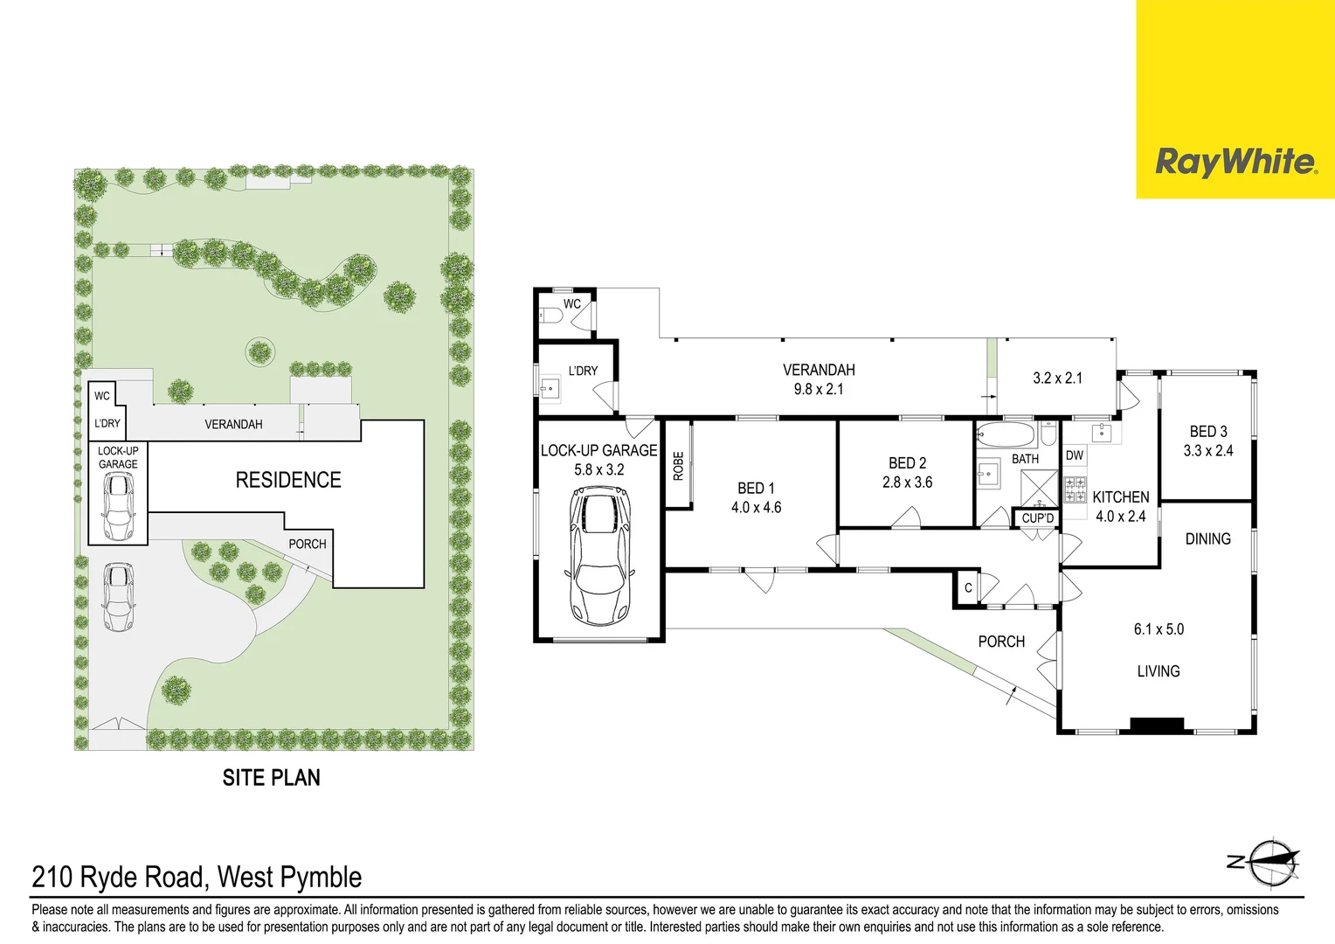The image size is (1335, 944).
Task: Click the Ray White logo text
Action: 1235,163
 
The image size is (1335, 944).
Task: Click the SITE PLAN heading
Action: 271,778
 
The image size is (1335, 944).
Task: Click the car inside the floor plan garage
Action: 599,556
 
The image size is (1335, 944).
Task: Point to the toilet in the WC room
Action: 551,316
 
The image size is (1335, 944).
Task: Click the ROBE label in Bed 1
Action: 678,466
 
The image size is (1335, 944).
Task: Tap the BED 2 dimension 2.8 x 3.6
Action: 907,482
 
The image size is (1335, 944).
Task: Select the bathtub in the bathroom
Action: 1006,434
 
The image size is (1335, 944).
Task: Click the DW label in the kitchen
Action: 1075,455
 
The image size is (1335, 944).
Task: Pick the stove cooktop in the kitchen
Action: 1075,489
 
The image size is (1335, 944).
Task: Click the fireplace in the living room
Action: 1157,724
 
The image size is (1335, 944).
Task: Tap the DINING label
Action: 1207,539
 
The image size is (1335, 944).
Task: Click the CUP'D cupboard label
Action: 1037,518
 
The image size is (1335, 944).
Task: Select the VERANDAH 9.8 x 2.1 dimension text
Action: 819,390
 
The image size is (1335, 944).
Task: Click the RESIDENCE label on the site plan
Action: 288,480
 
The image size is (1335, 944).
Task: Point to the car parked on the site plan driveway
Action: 118,597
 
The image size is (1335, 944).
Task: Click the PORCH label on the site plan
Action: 308,544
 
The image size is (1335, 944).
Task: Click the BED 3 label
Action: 1208,432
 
